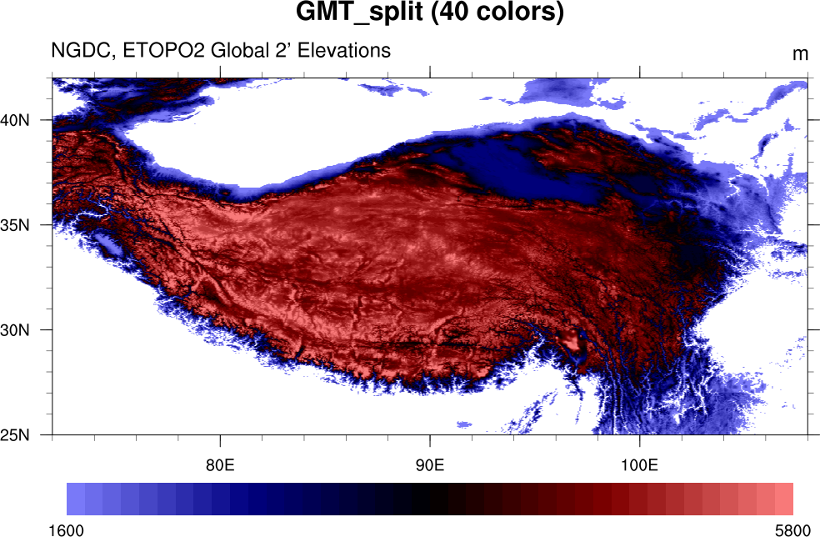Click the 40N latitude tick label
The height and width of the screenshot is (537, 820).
point(15,120)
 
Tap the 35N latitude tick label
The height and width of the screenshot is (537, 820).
point(15,225)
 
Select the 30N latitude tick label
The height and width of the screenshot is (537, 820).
point(15,330)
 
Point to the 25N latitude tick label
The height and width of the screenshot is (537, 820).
point(15,435)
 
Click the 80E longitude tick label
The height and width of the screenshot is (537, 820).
point(220,464)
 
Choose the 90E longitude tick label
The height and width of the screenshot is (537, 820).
point(430,464)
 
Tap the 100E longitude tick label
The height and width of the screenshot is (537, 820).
point(639,464)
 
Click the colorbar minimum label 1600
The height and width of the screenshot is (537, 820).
point(67,529)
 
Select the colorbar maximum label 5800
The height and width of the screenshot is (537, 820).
point(791,529)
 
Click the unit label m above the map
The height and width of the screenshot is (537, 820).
point(800,54)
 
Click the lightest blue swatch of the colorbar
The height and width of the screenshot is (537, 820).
point(75,499)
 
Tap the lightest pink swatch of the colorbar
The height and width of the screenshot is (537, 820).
point(783,499)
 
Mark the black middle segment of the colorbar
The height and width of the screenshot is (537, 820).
point(430,499)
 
